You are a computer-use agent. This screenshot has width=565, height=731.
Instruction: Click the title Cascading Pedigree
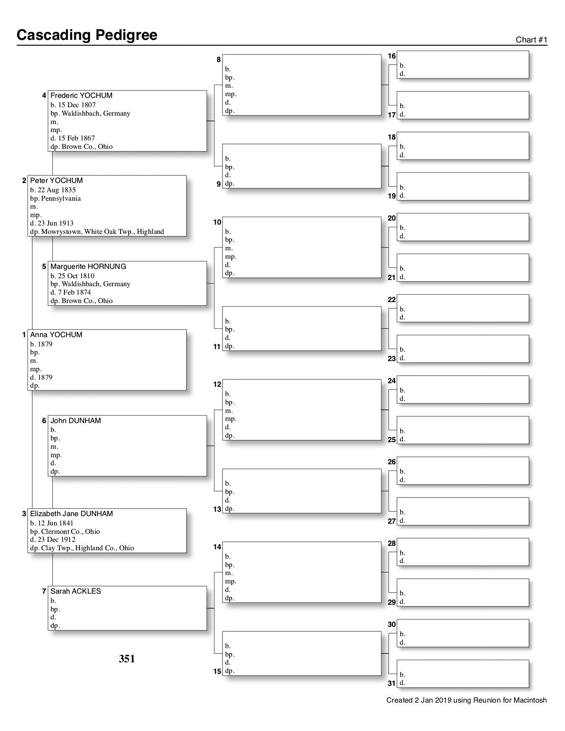pos(87,35)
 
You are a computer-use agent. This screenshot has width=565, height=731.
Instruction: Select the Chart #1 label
pos(531,40)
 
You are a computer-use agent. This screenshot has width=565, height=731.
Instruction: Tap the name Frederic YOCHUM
pos(82,96)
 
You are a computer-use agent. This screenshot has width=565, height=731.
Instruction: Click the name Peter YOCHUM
pos(56,181)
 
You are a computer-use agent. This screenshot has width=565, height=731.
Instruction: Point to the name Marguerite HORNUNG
pos(88,267)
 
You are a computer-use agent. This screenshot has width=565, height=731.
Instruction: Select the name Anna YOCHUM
pos(56,335)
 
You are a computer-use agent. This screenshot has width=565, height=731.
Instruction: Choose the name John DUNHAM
pos(76,421)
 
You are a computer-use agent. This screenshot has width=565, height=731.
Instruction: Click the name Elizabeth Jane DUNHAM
pos(71,514)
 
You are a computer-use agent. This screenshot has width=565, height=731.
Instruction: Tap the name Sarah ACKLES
pos(76,591)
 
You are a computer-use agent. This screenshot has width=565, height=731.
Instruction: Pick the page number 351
pos(127,659)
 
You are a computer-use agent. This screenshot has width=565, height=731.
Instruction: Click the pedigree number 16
pos(392,56)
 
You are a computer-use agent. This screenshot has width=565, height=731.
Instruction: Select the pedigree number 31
pos(392,684)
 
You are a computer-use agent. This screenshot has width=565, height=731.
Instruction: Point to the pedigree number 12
pos(217,385)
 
